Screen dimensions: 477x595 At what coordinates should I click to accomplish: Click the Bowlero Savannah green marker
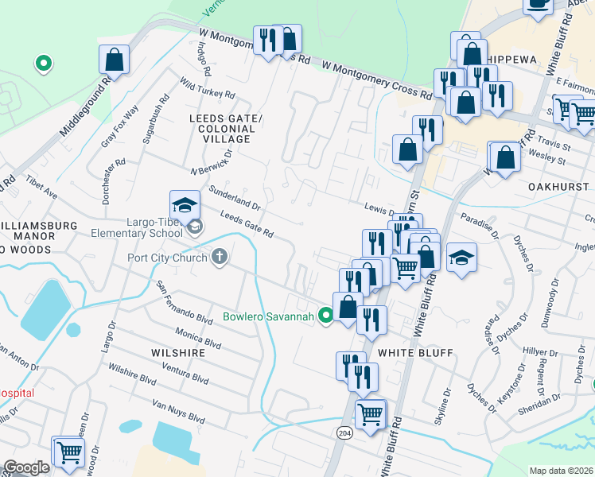(x=325, y=316)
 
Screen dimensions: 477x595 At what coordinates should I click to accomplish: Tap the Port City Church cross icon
(x=220, y=257)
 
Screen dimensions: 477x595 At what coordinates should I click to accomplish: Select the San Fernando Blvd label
(x=184, y=303)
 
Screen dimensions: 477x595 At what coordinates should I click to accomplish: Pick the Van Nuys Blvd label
(x=174, y=412)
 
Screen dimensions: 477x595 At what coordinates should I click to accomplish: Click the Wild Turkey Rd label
(x=207, y=88)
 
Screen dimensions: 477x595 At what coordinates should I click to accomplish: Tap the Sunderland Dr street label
(x=233, y=196)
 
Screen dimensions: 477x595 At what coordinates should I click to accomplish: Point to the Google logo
(x=26, y=467)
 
